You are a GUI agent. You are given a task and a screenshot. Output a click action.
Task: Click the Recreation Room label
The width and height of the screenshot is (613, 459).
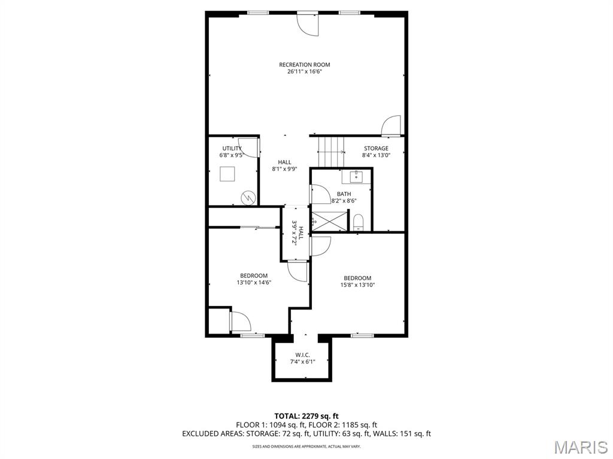(x=304, y=65)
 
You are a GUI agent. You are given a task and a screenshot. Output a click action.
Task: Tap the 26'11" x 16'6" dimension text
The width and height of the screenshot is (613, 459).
(x=304, y=72)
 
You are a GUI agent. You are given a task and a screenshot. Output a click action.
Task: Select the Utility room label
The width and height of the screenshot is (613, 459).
(x=232, y=148)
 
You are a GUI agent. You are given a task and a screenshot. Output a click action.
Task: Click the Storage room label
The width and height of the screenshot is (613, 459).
(x=375, y=148)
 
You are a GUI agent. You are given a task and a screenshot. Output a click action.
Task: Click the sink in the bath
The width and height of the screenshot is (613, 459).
(x=356, y=176)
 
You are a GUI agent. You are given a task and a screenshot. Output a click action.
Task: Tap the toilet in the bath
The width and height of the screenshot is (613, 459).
(x=359, y=222)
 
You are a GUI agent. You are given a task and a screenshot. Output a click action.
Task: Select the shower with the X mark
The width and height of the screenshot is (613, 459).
(x=329, y=220)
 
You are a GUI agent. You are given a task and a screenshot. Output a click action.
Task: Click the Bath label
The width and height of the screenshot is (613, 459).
(x=344, y=194)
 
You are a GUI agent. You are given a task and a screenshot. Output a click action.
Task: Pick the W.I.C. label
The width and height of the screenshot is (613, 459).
(x=302, y=354)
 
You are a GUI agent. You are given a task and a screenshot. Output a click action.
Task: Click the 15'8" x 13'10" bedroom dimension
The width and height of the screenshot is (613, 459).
(x=357, y=285)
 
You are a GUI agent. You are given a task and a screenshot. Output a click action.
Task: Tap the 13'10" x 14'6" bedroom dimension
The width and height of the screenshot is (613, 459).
(x=254, y=283)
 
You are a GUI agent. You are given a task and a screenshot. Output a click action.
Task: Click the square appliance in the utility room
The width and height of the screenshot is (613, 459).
(x=227, y=174)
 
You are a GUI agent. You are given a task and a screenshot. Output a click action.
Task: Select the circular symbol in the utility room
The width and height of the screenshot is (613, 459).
(x=247, y=197)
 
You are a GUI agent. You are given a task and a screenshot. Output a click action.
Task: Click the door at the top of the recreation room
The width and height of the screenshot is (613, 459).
(x=308, y=23)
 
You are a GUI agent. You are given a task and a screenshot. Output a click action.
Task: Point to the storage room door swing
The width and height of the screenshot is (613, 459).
(x=392, y=126)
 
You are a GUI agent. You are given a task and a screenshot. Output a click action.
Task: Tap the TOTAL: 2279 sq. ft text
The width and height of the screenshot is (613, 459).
(x=306, y=415)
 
